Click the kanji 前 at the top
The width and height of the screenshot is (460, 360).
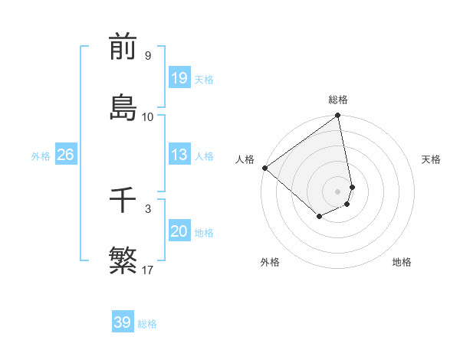pyautogui.click(x=123, y=47)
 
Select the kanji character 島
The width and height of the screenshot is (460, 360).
pyautogui.click(x=123, y=106)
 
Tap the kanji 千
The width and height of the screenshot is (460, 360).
pyautogui.click(x=123, y=202)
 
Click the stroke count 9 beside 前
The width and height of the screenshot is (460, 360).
pyautogui.click(x=148, y=56)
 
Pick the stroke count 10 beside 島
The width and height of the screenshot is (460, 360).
pyautogui.click(x=148, y=116)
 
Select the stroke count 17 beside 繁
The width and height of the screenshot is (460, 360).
pyautogui.click(x=148, y=270)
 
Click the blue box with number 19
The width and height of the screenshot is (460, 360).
pyautogui.click(x=179, y=78)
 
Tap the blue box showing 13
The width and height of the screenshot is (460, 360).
pyautogui.click(x=179, y=155)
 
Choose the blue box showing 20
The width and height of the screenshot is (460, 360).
pyautogui.click(x=179, y=231)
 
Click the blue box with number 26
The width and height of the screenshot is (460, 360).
pyautogui.click(x=66, y=155)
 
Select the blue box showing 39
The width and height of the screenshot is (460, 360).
pyautogui.click(x=123, y=322)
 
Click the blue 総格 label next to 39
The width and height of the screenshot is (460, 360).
pyautogui.click(x=147, y=324)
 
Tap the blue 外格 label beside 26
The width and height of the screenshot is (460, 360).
pyautogui.click(x=41, y=156)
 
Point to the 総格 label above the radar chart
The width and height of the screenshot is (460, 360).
pyautogui.click(x=338, y=100)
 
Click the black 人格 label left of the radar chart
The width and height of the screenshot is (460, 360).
pyautogui.click(x=245, y=159)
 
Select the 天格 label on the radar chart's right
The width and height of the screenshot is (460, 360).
pyautogui.click(x=431, y=159)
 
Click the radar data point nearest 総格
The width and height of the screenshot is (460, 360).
pyautogui.click(x=338, y=116)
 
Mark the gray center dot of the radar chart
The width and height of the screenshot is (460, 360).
pyautogui.click(x=338, y=191)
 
